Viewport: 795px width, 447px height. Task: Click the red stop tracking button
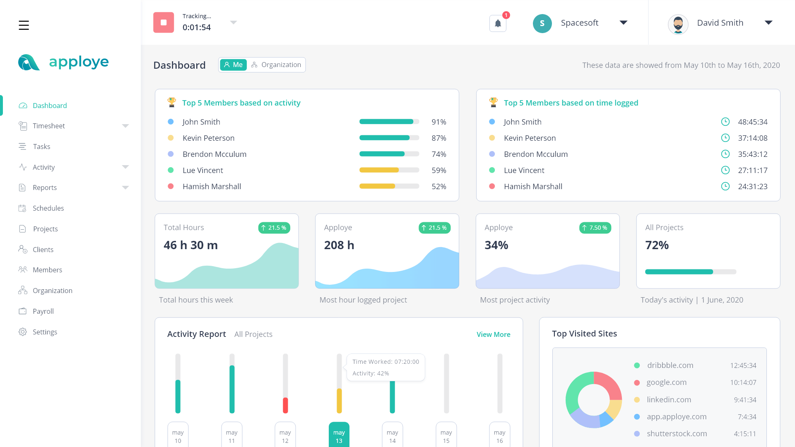[164, 22]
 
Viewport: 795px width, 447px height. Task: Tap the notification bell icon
[498, 24]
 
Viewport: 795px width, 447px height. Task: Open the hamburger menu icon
[24, 25]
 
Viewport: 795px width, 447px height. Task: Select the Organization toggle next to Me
[276, 65]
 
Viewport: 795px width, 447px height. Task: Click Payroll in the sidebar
[43, 311]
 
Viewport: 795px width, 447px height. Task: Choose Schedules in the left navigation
[48, 208]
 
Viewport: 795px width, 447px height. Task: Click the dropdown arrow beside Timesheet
[125, 126]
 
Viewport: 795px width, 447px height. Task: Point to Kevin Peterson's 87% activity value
[438, 138]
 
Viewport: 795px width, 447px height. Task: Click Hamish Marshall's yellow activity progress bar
[377, 187]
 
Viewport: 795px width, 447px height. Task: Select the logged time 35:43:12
[752, 154]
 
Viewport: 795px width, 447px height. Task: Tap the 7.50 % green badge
[595, 228]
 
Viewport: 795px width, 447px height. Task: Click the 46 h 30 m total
[190, 245]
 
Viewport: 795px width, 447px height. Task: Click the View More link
[493, 334]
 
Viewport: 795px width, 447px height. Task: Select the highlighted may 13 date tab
[339, 436]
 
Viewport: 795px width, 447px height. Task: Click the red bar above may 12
[285, 405]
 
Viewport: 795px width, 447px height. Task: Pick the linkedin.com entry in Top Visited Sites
[669, 400]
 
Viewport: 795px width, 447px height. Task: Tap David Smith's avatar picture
[678, 24]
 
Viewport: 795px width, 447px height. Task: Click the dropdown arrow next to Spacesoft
[623, 23]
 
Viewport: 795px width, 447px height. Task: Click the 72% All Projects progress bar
[690, 272]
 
